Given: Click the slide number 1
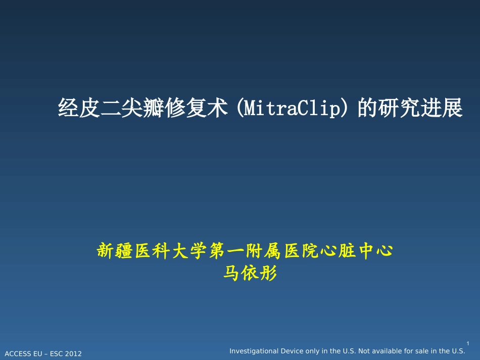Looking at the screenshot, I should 468,343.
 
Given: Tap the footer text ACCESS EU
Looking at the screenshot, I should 23,354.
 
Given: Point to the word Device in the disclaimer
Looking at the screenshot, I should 294,351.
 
